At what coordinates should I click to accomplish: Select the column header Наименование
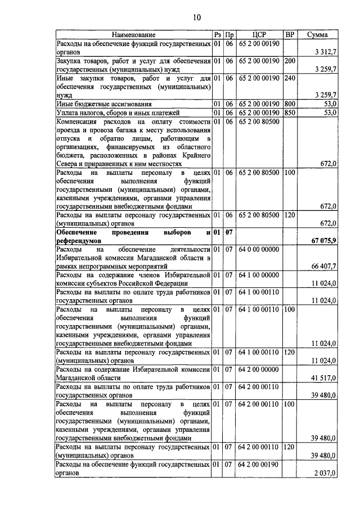[133, 35]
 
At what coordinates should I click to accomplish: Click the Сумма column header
[318, 35]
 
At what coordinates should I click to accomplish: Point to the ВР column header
[290, 35]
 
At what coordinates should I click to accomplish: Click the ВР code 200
[290, 60]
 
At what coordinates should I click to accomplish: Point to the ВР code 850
[290, 112]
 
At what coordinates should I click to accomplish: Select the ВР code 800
[290, 104]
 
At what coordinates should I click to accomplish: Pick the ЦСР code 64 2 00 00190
[259, 465]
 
